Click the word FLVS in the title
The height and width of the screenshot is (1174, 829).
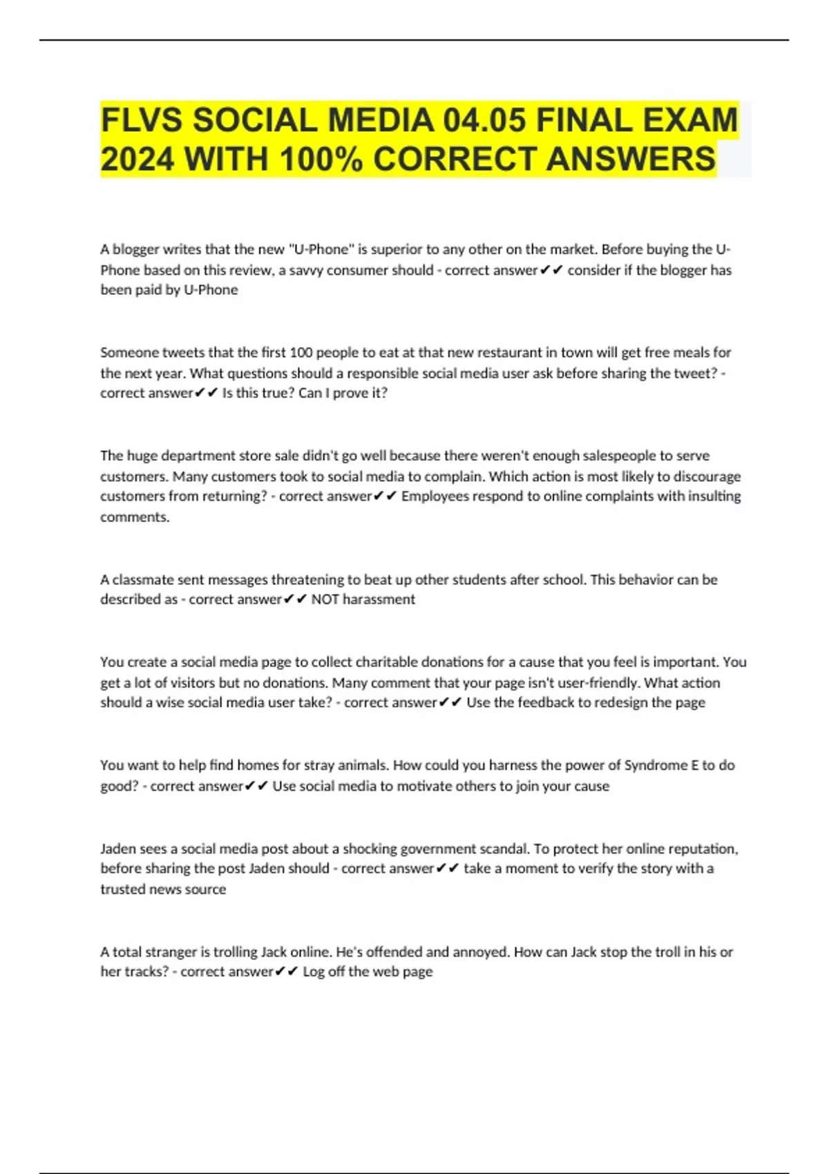(141, 119)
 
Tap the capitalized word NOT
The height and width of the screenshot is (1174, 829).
(325, 599)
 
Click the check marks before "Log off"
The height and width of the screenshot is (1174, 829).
(286, 972)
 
